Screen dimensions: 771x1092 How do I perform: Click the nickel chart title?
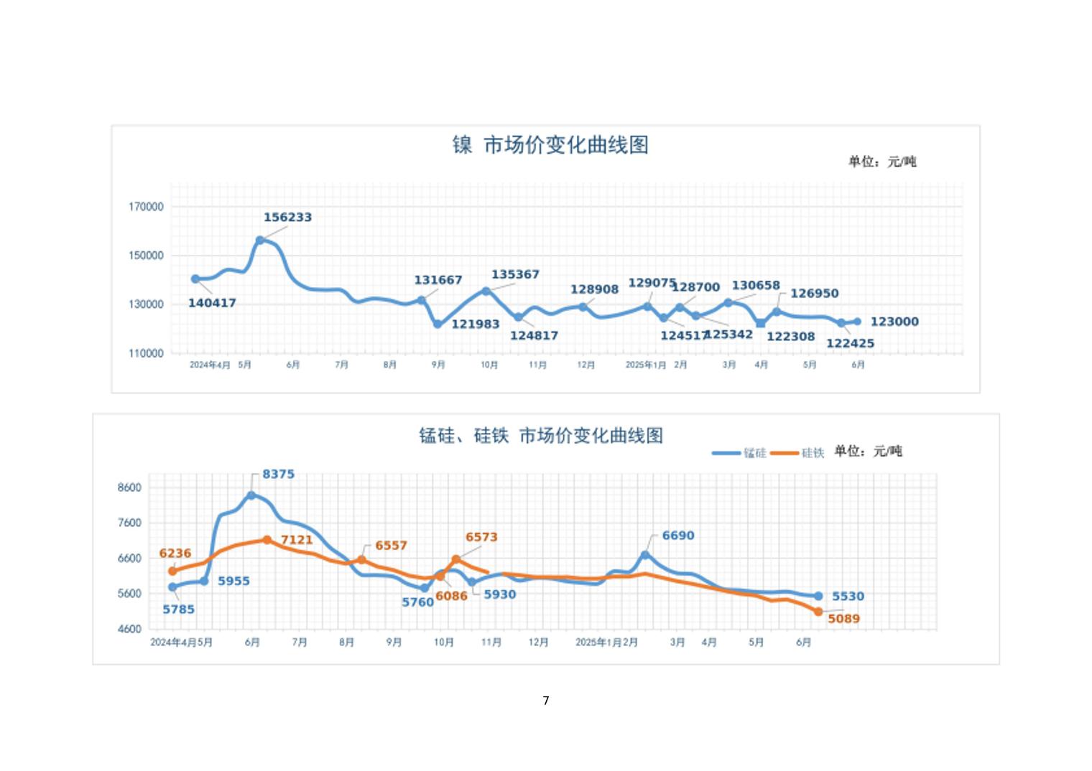pos(550,145)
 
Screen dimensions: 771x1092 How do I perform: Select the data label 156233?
pos(287,218)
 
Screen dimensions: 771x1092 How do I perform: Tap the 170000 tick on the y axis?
pos(147,207)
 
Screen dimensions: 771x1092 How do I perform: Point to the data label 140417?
pos(212,303)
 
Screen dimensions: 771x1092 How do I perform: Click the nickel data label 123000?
pos(894,322)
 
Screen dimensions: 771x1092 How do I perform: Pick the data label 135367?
pos(515,274)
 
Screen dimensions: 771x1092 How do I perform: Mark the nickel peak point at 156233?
pos(260,240)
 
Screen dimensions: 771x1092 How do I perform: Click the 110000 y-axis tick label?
pos(147,353)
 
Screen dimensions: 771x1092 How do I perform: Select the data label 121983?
pos(475,324)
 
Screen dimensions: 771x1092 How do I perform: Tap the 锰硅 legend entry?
pos(740,453)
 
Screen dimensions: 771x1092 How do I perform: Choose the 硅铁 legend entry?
pos(798,453)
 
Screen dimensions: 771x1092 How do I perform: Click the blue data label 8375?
pos(278,475)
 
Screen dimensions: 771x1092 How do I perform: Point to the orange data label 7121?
pos(297,540)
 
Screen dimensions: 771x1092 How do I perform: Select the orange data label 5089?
pos(843,619)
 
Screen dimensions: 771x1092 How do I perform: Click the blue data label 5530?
pos(848,597)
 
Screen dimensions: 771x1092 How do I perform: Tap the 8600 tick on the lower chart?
pos(130,487)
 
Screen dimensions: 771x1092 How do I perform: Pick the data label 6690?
pos(678,536)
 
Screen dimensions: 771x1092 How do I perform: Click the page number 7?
pos(546,701)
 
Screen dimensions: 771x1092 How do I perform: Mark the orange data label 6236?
pos(175,553)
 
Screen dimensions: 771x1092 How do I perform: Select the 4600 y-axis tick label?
pos(130,629)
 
